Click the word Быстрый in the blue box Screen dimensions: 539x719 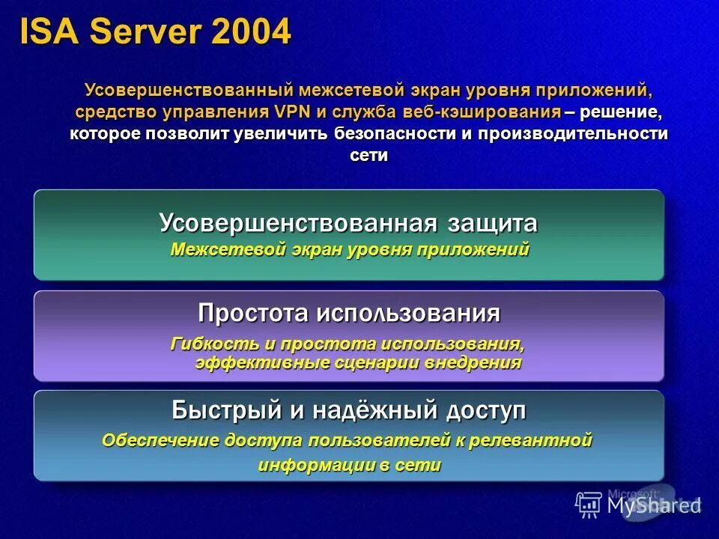(219, 410)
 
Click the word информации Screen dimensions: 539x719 (314, 465)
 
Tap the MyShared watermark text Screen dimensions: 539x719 (654, 505)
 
